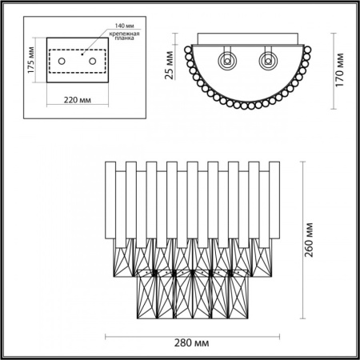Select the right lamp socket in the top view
coord(266,59)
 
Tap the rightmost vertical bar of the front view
coord(274,200)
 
